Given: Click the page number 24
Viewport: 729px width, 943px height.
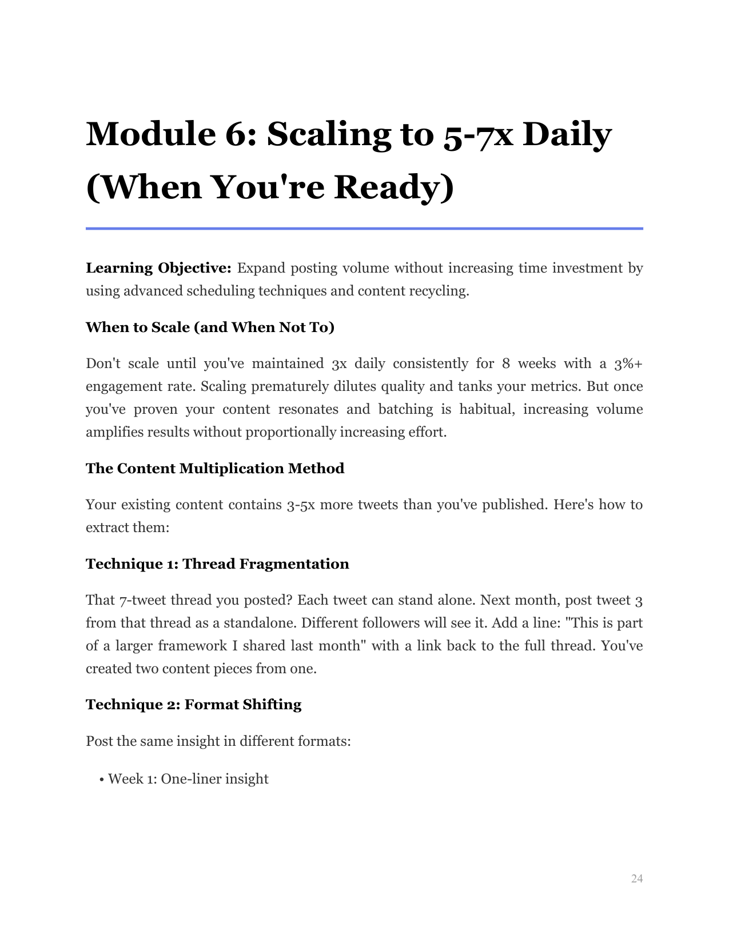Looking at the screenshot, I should click(637, 879).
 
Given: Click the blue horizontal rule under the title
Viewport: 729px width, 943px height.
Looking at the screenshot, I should click(364, 229).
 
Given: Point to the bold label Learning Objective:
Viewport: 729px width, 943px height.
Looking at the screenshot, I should click(158, 268).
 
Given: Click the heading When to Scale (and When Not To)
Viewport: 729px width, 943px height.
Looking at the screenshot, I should click(210, 327).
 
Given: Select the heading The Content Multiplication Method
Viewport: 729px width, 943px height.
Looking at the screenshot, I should click(215, 468).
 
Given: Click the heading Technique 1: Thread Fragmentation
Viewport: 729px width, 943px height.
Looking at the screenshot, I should click(217, 564).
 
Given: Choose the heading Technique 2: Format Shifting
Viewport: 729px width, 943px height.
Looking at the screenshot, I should click(193, 704).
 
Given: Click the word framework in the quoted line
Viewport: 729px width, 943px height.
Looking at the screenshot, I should click(192, 646).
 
